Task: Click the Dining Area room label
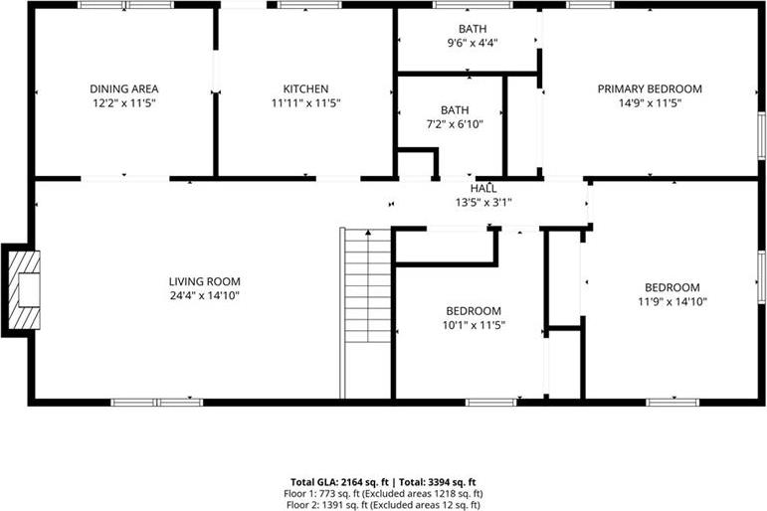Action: click(123, 89)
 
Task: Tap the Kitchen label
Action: click(305, 89)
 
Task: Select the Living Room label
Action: click(205, 281)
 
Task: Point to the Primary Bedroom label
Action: click(650, 89)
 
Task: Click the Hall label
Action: click(483, 188)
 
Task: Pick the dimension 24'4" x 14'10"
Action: click(205, 295)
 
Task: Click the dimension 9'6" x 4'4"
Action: click(473, 43)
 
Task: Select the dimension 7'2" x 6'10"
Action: click(455, 124)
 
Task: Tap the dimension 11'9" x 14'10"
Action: click(672, 301)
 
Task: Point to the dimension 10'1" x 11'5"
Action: click(474, 325)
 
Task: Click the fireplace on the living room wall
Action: click(21, 290)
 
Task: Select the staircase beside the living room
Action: click(367, 313)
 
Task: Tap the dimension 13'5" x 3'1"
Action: click(483, 202)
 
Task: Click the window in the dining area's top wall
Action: click(125, 5)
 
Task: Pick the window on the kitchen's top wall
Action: click(309, 5)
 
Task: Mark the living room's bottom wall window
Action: click(156, 403)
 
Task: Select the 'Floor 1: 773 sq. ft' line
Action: click(383, 494)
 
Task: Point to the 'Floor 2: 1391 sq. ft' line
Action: click(383, 505)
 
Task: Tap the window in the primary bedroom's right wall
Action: click(762, 135)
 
